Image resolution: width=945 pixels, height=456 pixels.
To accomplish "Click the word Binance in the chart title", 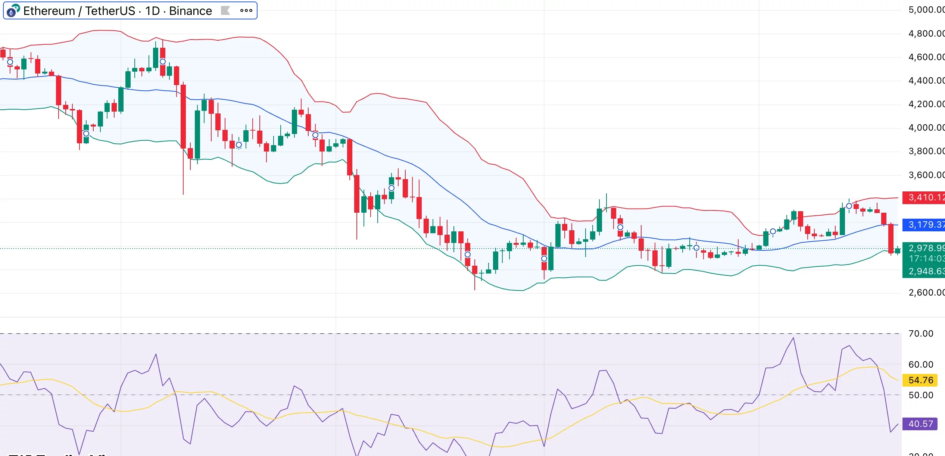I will pos(190,11).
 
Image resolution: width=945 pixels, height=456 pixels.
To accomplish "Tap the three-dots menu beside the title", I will pos(246,10).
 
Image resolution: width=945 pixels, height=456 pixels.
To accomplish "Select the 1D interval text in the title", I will pos(152,11).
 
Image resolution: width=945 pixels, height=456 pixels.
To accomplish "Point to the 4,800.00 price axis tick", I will pos(926,34).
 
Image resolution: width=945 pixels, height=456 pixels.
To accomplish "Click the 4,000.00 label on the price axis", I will pos(926,128).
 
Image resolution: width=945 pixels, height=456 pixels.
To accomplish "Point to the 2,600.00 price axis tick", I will pos(926,293).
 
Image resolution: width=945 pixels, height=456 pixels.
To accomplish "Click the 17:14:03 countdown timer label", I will pos(926,259).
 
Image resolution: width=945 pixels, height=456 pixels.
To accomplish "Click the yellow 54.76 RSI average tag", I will pos(920,380).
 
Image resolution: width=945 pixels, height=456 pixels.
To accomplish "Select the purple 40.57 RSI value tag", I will pos(920,424).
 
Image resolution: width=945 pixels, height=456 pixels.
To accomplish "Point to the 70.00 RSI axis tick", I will pos(920,334).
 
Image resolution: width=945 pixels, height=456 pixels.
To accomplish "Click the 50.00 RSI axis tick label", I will pos(920,395).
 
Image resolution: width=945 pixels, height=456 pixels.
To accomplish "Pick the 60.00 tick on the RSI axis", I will pos(920,365).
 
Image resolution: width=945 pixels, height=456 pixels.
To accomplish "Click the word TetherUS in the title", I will pos(110,11).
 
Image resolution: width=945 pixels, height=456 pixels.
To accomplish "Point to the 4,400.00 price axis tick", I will pos(926,81).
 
